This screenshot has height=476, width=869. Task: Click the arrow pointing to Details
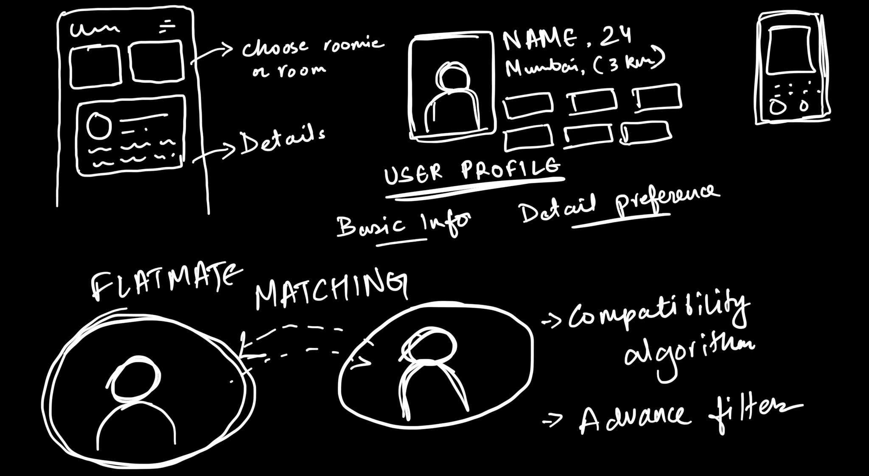coord(214,153)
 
